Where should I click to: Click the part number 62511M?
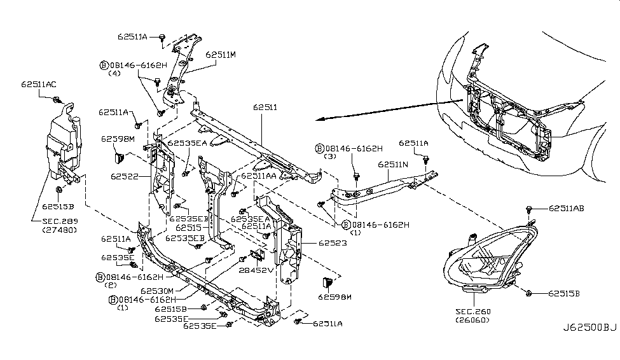pos(221,55)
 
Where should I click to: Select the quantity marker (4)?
pos(114,73)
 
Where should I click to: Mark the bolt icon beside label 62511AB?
pos(530,209)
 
